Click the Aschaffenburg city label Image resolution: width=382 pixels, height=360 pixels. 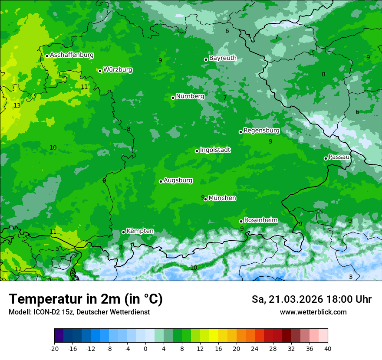[72, 55]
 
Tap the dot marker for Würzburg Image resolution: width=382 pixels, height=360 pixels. [100, 71]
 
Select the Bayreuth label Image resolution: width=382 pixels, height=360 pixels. [223, 58]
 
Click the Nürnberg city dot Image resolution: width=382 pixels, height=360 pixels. [173, 98]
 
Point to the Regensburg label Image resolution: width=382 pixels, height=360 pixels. [261, 130]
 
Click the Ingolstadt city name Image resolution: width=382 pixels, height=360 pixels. [215, 150]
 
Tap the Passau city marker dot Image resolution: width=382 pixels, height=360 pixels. [326, 158]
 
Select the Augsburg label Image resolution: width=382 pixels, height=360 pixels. [178, 180]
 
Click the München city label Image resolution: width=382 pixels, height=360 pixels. [222, 198]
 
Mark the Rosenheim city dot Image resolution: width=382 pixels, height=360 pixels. [241, 221]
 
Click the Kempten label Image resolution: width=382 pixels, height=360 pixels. [140, 231]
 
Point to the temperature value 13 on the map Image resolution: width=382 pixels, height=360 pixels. [17, 105]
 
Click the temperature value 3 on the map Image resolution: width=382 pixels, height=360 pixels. [351, 277]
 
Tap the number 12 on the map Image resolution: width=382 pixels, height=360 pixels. [18, 269]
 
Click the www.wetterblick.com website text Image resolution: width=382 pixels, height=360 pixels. [313, 312]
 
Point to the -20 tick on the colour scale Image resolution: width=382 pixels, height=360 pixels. [54, 348]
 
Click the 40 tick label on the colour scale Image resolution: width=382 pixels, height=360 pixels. [328, 348]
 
